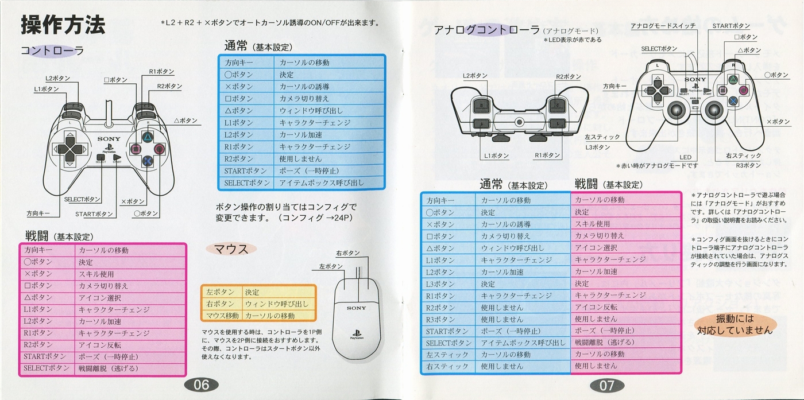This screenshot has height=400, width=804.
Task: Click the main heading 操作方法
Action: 63,25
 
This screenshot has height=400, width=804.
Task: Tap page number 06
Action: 201,385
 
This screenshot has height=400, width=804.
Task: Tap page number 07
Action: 606,385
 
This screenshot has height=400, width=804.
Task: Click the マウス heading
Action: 231,248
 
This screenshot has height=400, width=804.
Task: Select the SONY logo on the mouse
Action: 356,308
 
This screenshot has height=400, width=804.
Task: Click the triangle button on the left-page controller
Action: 148,137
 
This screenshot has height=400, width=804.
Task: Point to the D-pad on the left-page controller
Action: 69,149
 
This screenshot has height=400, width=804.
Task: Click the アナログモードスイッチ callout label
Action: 663,26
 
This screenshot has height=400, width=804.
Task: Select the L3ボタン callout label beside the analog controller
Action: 598,147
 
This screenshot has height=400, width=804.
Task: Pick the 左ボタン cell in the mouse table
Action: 220,292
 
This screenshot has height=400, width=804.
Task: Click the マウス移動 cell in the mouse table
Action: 222,316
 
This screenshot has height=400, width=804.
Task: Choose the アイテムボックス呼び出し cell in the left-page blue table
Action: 322,182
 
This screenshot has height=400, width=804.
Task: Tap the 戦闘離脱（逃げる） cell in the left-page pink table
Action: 109,368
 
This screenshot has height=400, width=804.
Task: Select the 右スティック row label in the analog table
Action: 447,366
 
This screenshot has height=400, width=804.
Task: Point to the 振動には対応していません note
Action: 735,324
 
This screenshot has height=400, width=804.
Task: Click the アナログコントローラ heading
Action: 487,30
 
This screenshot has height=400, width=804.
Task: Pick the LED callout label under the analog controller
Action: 685,157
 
